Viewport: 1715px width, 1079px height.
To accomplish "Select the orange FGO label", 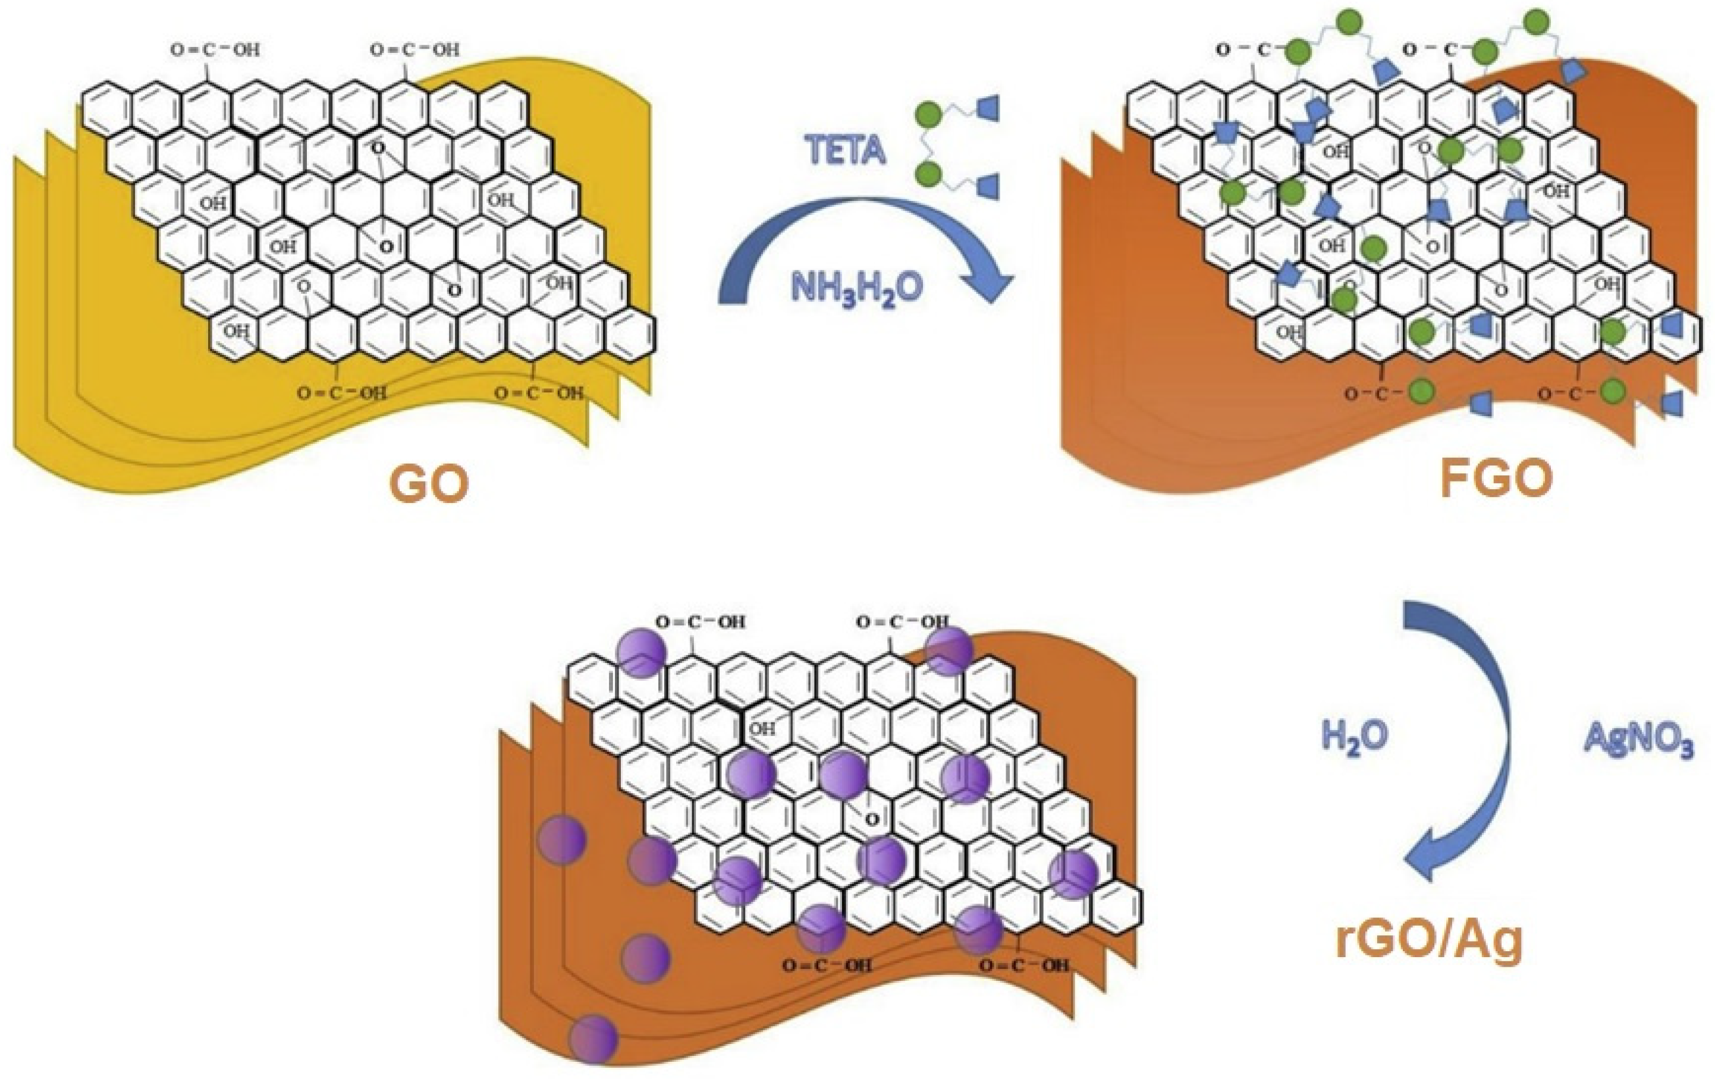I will point(1495,480).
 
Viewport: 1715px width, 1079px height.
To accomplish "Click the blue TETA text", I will point(846,150).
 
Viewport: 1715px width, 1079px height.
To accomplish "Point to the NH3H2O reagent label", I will point(857,287).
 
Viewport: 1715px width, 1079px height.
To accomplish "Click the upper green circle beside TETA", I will point(928,115).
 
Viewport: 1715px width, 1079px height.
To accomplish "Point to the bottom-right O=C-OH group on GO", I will point(539,393).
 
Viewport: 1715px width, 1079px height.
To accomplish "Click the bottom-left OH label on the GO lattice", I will point(235,331).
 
